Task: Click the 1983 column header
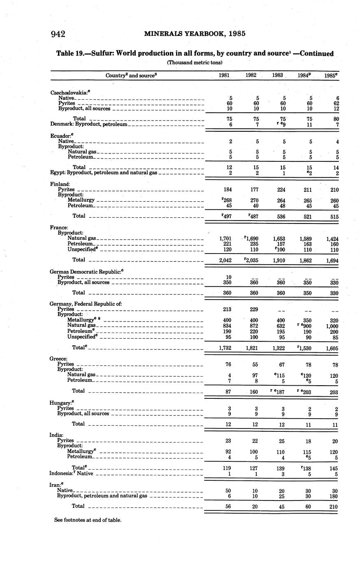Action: click(x=277, y=75)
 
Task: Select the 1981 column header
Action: click(x=224, y=75)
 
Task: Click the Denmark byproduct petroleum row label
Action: click(x=89, y=124)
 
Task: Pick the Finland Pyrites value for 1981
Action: click(x=230, y=190)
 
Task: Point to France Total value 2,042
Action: click(x=227, y=260)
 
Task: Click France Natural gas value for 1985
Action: click(x=332, y=238)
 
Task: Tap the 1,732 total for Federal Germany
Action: click(x=227, y=348)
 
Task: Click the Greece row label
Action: click(x=56, y=358)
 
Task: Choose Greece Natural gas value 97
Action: click(x=254, y=375)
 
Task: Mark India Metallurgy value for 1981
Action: click(x=230, y=452)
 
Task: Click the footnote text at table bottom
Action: click(x=88, y=520)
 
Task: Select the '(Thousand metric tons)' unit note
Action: click(x=195, y=63)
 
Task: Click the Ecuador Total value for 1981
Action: click(x=230, y=168)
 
